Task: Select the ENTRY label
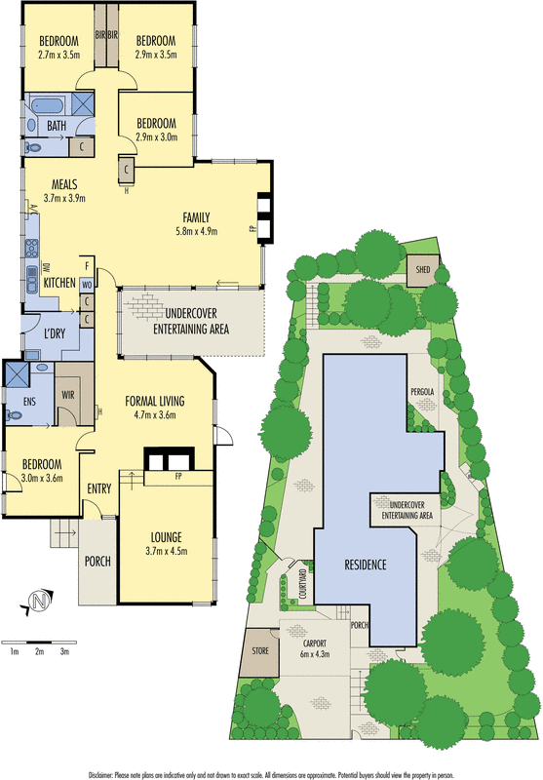(99, 487)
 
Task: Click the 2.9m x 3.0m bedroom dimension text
(156, 138)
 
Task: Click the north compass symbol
(39, 602)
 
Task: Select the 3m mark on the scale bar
(64, 650)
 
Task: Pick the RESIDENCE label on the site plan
(365, 565)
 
